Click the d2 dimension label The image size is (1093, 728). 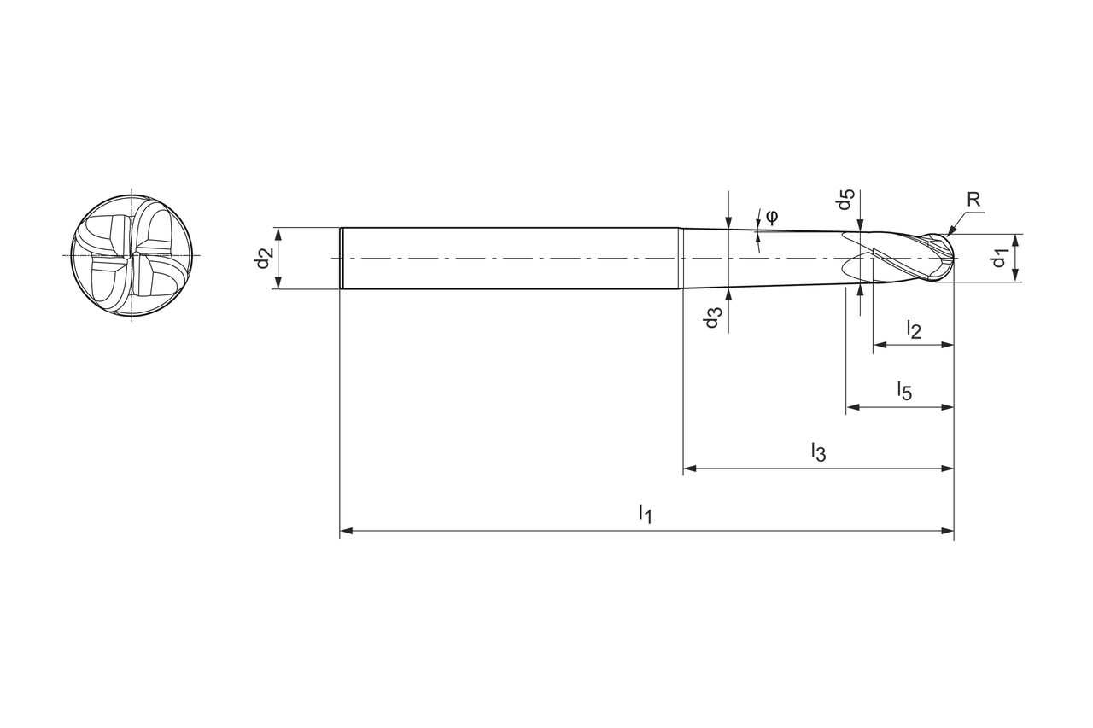[264, 258]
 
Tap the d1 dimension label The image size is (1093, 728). [1000, 257]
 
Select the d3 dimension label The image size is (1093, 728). [713, 317]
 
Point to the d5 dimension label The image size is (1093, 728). [845, 201]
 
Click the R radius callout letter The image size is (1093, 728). [973, 200]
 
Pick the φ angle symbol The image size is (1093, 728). [771, 215]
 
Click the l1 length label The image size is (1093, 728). [646, 514]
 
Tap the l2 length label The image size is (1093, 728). [914, 329]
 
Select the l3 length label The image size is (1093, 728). [818, 451]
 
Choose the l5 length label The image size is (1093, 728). [904, 391]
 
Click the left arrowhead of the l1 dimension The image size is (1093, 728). [346, 531]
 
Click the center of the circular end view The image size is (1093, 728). [131, 255]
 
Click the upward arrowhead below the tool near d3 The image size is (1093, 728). [728, 294]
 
